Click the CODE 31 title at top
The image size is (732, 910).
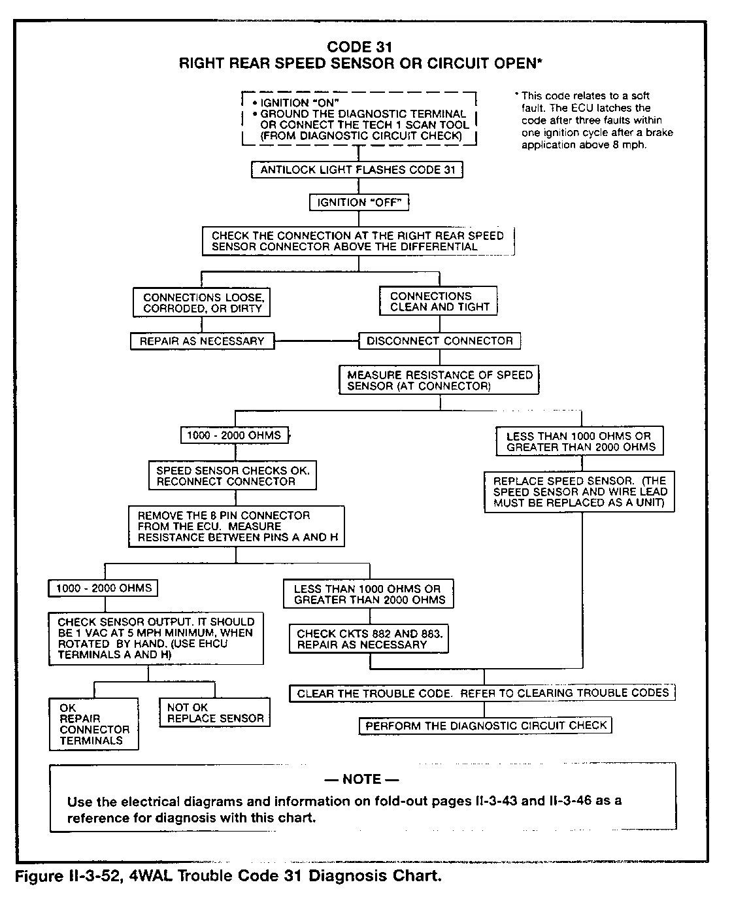point(359,47)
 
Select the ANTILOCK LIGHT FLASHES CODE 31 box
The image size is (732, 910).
point(358,170)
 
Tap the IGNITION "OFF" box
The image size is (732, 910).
point(359,203)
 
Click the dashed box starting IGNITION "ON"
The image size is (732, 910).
point(359,119)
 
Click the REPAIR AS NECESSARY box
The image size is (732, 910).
point(201,341)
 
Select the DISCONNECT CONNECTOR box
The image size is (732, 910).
point(440,341)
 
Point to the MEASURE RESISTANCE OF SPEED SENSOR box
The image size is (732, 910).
point(439,380)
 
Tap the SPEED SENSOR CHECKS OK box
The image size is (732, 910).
point(233,476)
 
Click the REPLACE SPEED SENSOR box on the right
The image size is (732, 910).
point(580,492)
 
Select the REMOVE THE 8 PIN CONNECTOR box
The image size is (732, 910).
point(237,526)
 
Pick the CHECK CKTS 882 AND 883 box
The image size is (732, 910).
point(369,639)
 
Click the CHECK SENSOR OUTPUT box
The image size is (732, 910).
point(156,638)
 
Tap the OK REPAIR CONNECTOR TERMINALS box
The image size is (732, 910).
point(94,724)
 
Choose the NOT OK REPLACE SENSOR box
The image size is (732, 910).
point(215,712)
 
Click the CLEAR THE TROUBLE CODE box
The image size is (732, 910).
point(482,693)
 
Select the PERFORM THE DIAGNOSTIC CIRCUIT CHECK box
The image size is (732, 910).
point(486,726)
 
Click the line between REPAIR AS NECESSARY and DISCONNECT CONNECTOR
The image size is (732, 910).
point(316,341)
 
